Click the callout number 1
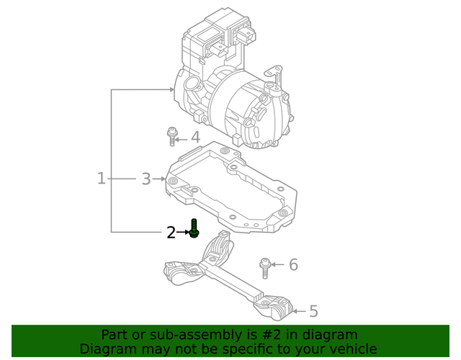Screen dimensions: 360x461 tap(102, 178)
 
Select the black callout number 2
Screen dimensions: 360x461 tap(171, 233)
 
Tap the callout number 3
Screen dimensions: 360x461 tap(146, 178)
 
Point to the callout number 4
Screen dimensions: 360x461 tap(194, 138)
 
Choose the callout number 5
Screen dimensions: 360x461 tap(313, 311)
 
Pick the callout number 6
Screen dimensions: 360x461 tap(293, 265)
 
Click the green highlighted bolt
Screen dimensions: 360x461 tap(194, 229)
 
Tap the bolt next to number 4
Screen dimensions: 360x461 tap(172, 136)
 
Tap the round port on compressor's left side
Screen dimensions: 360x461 tap(192, 84)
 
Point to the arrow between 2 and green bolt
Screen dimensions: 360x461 tap(182, 233)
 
